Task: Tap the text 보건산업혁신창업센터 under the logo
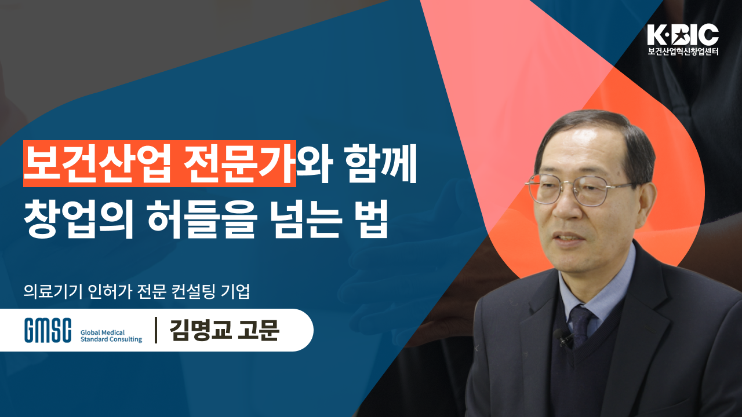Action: [683, 52]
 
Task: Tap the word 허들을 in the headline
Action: [202, 218]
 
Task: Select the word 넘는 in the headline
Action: [307, 218]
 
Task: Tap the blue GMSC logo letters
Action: [48, 330]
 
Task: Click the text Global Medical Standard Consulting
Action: [111, 336]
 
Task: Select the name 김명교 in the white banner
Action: [201, 330]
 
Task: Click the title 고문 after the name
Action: [259, 330]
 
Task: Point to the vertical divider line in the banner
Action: [156, 330]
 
